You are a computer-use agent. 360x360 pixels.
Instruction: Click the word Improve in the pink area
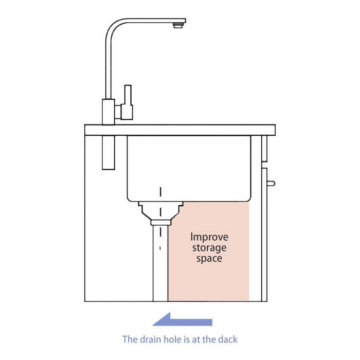(x=209, y=238)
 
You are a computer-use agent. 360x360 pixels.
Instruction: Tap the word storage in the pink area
(x=209, y=248)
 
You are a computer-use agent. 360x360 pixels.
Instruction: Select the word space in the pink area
(x=209, y=259)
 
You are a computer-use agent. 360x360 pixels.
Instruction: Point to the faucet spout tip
(x=179, y=24)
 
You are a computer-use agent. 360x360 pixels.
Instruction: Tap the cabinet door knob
(x=271, y=183)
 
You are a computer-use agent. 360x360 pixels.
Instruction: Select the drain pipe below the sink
(x=160, y=262)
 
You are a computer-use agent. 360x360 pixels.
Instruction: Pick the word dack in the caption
(x=227, y=339)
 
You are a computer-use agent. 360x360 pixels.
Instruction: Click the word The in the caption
(x=130, y=339)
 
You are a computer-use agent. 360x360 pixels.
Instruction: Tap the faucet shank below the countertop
(x=109, y=152)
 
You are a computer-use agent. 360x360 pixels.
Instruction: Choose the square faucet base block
(x=109, y=111)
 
